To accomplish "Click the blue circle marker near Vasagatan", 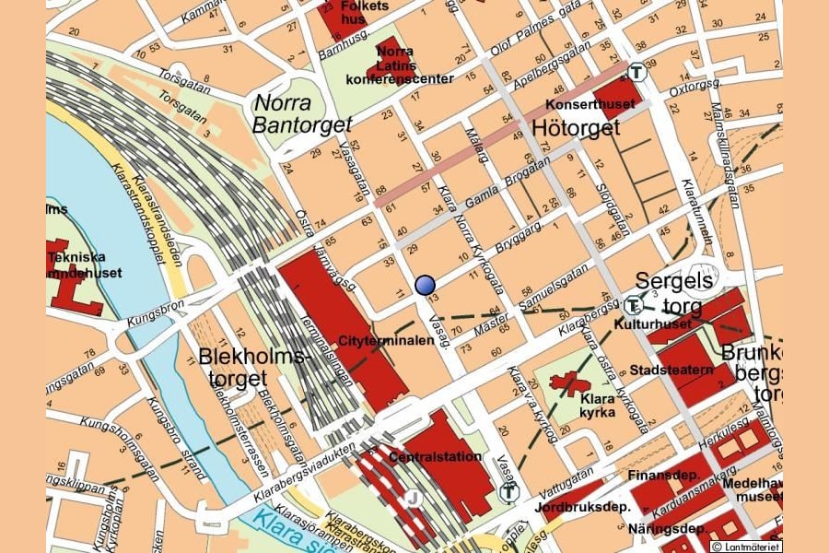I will [425, 285].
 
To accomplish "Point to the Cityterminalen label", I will [387, 340].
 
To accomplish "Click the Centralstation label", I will [436, 456].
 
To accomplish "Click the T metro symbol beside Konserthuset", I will [636, 71].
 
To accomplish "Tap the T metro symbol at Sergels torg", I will [633, 307].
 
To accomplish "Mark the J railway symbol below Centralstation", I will [414, 500].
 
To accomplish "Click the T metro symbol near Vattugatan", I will [508, 492].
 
